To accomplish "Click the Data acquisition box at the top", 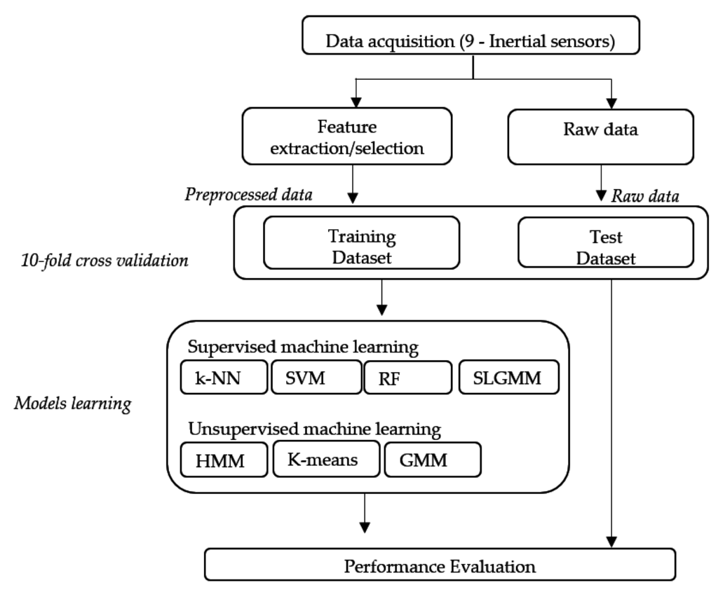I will pyautogui.click(x=470, y=41).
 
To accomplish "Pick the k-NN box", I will pyautogui.click(x=224, y=378).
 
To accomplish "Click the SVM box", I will pyautogui.click(x=316, y=378).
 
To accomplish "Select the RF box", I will pyautogui.click(x=407, y=378).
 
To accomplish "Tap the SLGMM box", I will pyautogui.click(x=510, y=378).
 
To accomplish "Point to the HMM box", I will pyautogui.click(x=224, y=460).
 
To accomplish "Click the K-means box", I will pyautogui.click(x=326, y=459).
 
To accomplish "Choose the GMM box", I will pyautogui.click(x=433, y=460).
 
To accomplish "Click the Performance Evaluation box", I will pyautogui.click(x=440, y=565).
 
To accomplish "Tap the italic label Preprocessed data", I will pyautogui.click(x=248, y=194).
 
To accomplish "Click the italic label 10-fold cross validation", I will pyautogui.click(x=104, y=261).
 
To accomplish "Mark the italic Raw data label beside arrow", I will pyautogui.click(x=644, y=196).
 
